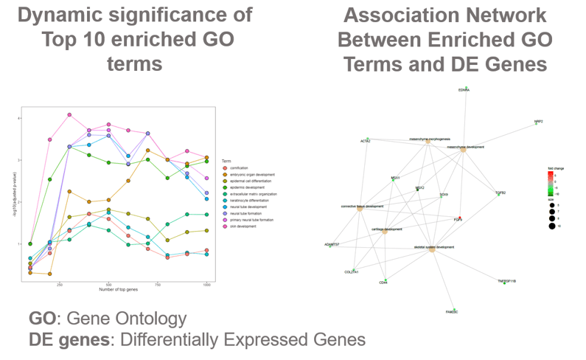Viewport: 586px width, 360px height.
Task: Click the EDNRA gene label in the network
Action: [x=464, y=90]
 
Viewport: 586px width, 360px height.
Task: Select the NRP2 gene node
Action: [x=537, y=123]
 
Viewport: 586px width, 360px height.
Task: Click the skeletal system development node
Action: [x=432, y=249]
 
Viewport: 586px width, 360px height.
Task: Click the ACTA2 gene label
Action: [x=366, y=140]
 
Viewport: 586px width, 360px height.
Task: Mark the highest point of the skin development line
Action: [x=69, y=115]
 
